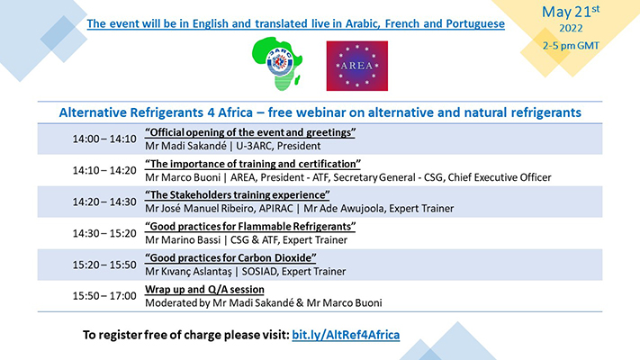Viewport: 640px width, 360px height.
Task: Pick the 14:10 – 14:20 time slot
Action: pos(104,170)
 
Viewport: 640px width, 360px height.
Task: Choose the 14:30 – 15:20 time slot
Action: pos(104,232)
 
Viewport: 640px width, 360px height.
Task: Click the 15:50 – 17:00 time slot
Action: pos(104,295)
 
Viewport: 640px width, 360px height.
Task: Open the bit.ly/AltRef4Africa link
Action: pos(346,335)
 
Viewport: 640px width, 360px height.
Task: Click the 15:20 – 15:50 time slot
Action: pos(104,264)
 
